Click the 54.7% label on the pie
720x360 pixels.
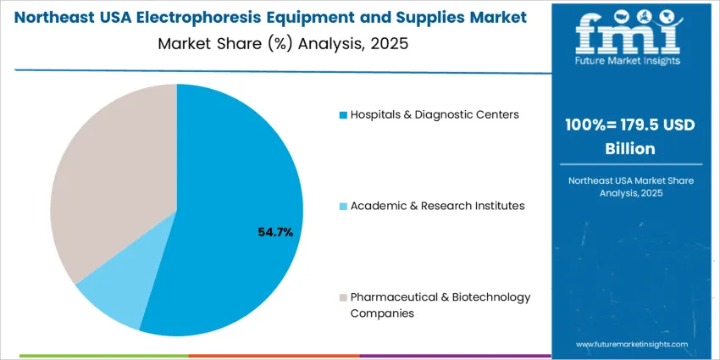(275, 231)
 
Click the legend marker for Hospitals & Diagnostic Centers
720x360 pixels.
(342, 114)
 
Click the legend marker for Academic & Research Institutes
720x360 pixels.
(342, 206)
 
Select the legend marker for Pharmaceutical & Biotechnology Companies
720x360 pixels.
(342, 297)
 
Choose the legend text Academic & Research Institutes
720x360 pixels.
(437, 205)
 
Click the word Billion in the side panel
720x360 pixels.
(628, 148)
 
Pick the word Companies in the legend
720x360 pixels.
(382, 313)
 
